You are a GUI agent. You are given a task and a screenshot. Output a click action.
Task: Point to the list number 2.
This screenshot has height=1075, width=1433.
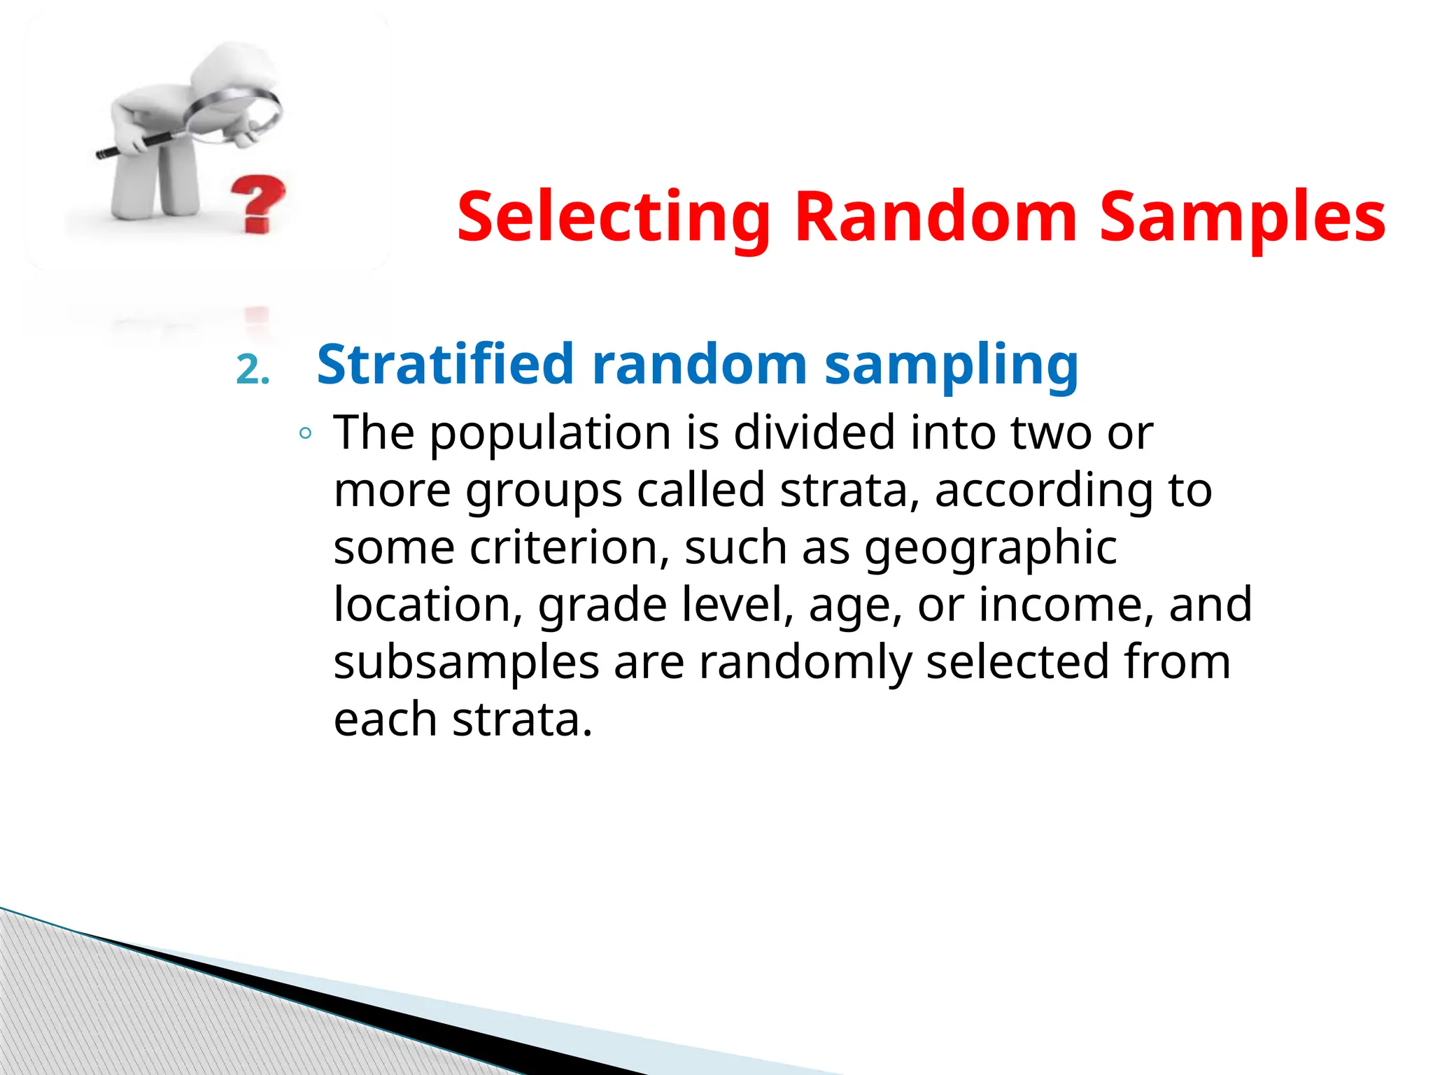253,370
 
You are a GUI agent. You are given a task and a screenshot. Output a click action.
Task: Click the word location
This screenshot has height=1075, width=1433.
428,605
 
